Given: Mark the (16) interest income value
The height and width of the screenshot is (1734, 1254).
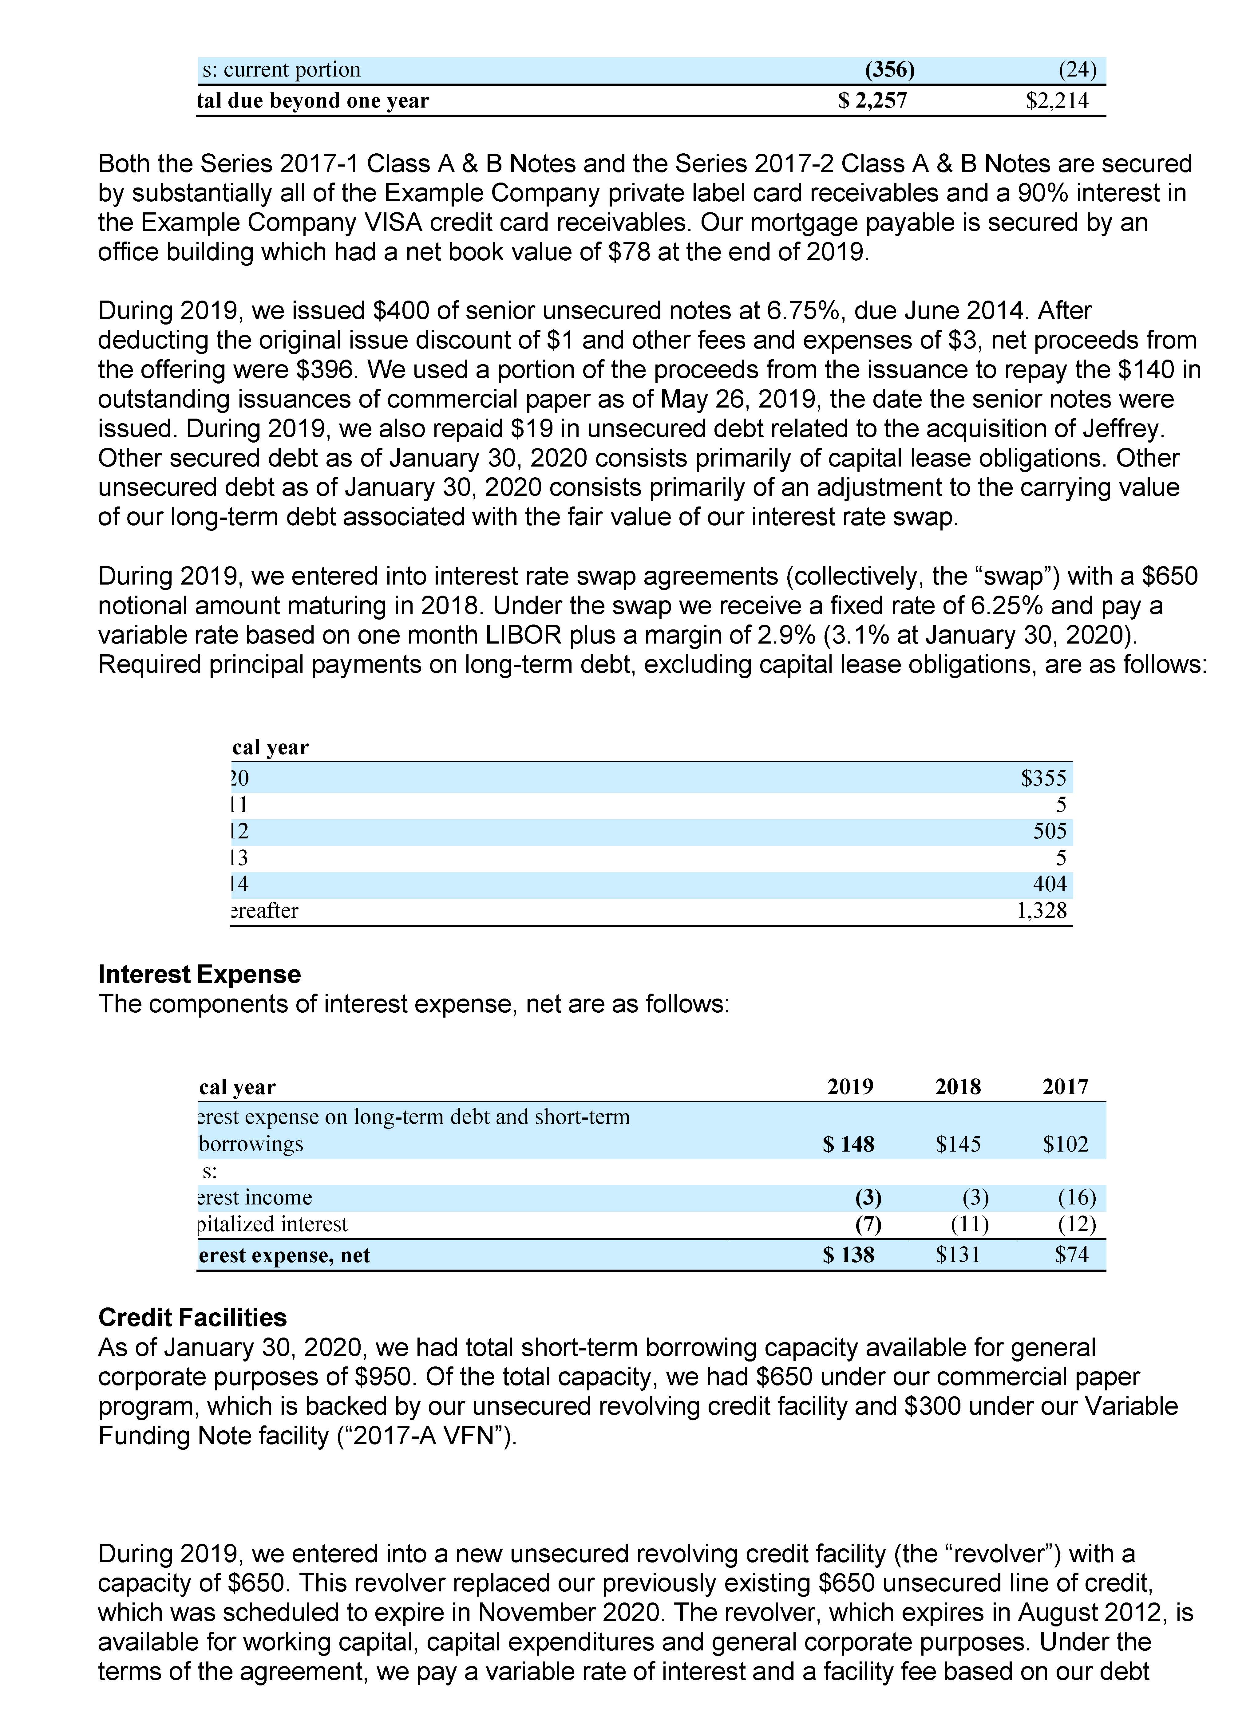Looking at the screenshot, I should click(x=1077, y=1197).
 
